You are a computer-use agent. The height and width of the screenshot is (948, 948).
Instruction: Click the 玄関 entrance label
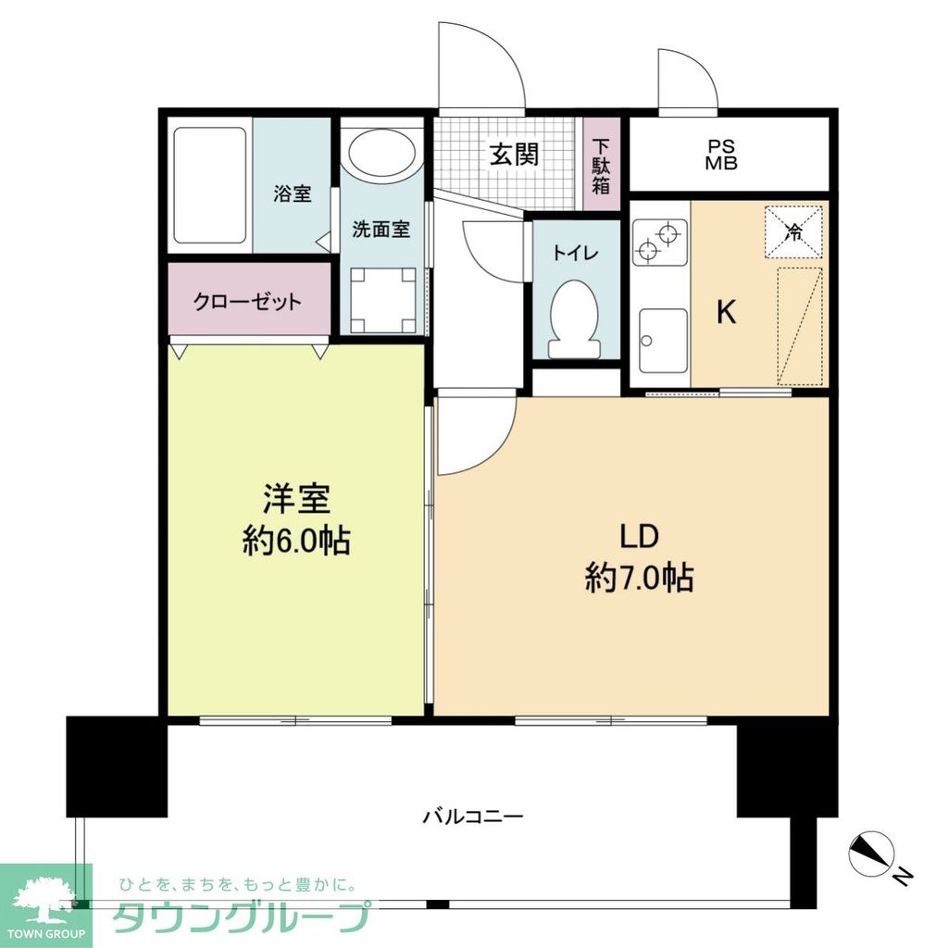coord(514,154)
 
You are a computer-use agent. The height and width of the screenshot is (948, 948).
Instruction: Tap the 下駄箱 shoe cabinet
coord(602,165)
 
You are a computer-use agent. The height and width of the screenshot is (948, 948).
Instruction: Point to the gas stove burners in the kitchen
coord(659,242)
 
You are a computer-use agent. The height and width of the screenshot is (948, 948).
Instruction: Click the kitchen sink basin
coord(663,340)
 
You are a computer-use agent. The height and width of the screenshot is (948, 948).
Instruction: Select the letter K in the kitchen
coord(727,313)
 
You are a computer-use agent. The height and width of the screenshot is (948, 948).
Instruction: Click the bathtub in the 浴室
coord(209,185)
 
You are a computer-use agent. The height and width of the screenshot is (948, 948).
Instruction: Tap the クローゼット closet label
coord(247,301)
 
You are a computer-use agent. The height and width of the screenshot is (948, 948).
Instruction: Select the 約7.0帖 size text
coord(640,579)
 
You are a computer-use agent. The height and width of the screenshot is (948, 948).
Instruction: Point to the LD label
coord(639,537)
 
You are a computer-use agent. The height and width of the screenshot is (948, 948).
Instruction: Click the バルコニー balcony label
coord(473,817)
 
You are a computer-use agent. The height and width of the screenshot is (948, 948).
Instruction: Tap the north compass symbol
coord(872,850)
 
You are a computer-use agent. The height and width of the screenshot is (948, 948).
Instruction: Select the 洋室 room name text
coord(296,500)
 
